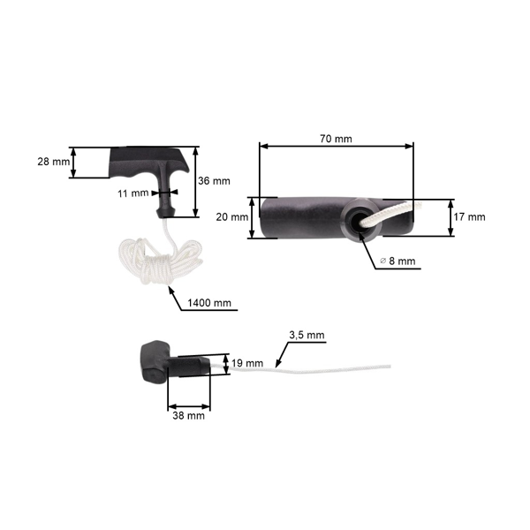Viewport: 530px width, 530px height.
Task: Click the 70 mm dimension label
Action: [x=337, y=138]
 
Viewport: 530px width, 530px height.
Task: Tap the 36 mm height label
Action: [x=215, y=181]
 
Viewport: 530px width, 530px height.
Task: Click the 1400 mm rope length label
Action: [x=210, y=303]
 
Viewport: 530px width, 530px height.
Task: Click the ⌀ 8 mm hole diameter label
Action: [x=396, y=261]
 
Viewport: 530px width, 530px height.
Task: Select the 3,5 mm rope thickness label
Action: [x=307, y=336]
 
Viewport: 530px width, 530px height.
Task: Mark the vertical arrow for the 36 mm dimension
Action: [x=194, y=181]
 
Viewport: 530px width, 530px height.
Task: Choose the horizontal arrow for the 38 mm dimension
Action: [x=188, y=403]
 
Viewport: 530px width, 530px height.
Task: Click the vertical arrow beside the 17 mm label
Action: [x=451, y=217]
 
